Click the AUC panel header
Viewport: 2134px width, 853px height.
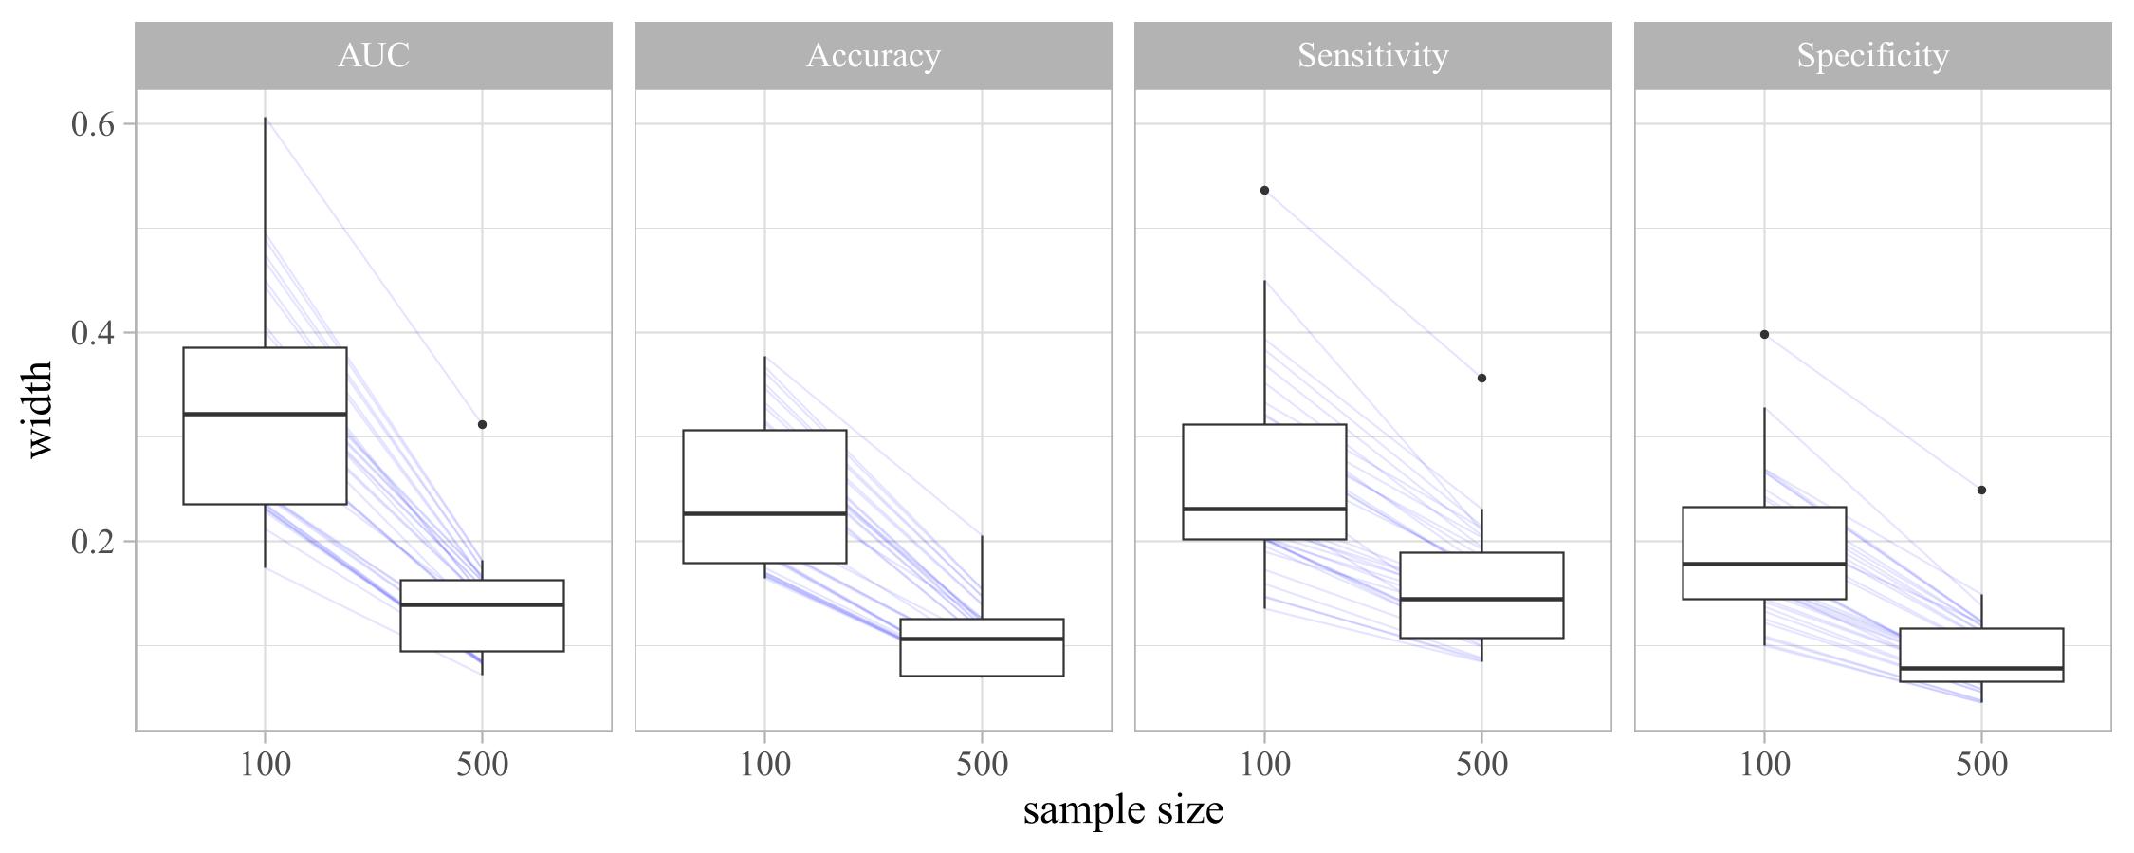coord(374,56)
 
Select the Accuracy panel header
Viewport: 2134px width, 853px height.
coord(873,56)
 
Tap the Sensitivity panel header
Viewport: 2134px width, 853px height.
coord(1372,56)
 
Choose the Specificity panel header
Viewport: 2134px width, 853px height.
coord(1872,56)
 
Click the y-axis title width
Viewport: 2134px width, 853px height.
coord(38,409)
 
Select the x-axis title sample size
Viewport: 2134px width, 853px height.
coord(1123,809)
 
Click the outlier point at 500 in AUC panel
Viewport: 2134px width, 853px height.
coord(482,425)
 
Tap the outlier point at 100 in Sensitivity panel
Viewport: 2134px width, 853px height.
coord(1264,191)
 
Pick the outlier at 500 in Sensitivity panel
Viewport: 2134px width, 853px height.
coord(1481,379)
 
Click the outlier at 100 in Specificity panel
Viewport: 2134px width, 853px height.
coord(1764,335)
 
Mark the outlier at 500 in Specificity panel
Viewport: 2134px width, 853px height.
coord(1981,491)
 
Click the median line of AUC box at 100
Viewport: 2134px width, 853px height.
coord(265,414)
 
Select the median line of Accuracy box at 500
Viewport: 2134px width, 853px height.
coord(982,639)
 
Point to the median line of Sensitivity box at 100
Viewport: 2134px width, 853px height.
coord(1264,509)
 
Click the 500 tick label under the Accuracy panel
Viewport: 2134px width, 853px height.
coord(982,765)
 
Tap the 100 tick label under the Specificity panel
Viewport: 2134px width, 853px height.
coord(1764,765)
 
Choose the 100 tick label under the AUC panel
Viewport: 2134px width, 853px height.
coord(265,765)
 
